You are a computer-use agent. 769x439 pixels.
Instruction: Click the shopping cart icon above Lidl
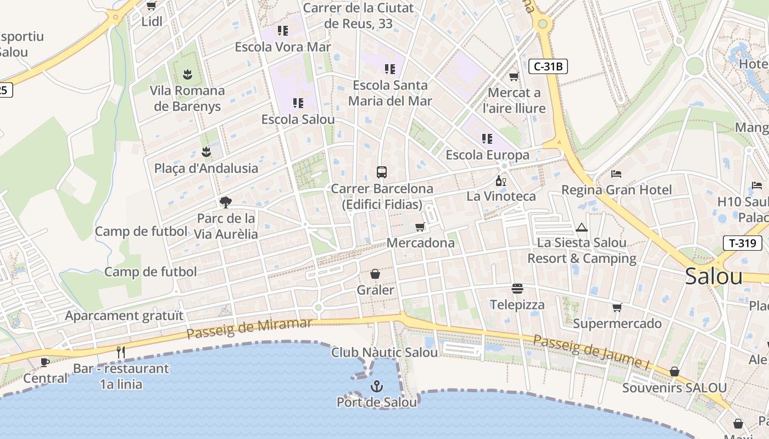[151, 6]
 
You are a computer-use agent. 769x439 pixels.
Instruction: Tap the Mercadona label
[420, 243]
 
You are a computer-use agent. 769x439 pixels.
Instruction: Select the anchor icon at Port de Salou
[376, 386]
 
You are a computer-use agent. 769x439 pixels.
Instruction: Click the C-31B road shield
[548, 67]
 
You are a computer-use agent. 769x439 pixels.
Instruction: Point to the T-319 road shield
[742, 243]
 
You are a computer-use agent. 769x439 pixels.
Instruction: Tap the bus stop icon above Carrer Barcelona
[382, 172]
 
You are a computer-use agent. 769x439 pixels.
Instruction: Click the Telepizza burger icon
[517, 289]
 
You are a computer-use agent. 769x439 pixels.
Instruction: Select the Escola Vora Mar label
[283, 47]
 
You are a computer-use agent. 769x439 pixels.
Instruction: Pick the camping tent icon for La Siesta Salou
[582, 227]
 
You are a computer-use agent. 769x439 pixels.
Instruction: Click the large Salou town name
[714, 277]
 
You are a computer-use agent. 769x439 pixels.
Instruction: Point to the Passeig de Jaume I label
[587, 351]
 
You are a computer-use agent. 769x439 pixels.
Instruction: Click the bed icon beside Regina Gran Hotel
[616, 174]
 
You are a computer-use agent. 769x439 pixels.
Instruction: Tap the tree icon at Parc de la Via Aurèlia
[225, 202]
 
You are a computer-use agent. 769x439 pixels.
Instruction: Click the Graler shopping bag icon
[375, 274]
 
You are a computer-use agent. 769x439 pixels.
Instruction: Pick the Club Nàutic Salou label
[384, 352]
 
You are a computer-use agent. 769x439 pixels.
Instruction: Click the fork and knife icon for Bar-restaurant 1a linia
[121, 352]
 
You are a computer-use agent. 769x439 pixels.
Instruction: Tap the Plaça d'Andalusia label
[206, 168]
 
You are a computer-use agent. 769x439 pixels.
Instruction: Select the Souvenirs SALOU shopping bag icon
[674, 372]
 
